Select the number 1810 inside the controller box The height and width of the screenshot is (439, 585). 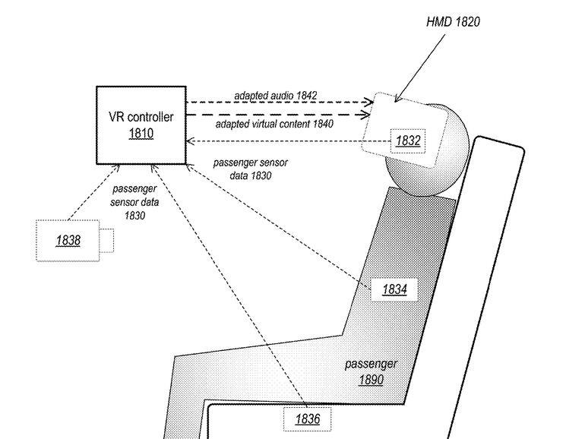click(141, 134)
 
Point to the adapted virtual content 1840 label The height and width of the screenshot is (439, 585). click(276, 123)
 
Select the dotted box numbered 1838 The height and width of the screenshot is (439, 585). click(68, 240)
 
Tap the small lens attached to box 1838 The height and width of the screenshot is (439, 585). click(107, 241)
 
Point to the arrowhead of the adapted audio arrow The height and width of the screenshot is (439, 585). click(369, 101)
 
